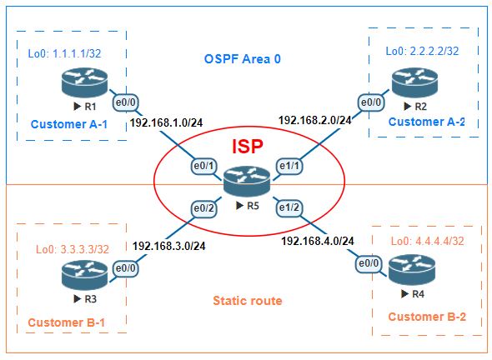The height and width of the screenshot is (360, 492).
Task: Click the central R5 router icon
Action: point(248,178)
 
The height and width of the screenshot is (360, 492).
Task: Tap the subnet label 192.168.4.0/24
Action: point(319,241)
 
